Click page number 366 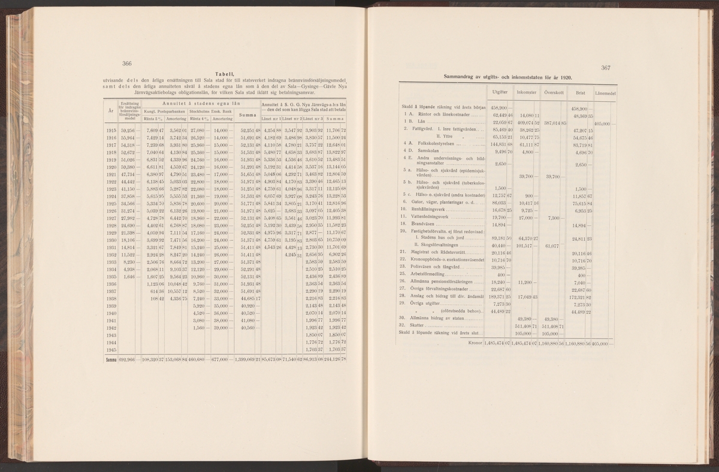[x=127, y=64]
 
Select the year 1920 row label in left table [x=110, y=169]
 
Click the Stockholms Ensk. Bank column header [x=210, y=111]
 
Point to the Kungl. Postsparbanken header [x=165, y=111]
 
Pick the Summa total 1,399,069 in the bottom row [x=247, y=359]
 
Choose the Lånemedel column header [x=608, y=93]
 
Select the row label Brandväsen [x=423, y=225]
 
